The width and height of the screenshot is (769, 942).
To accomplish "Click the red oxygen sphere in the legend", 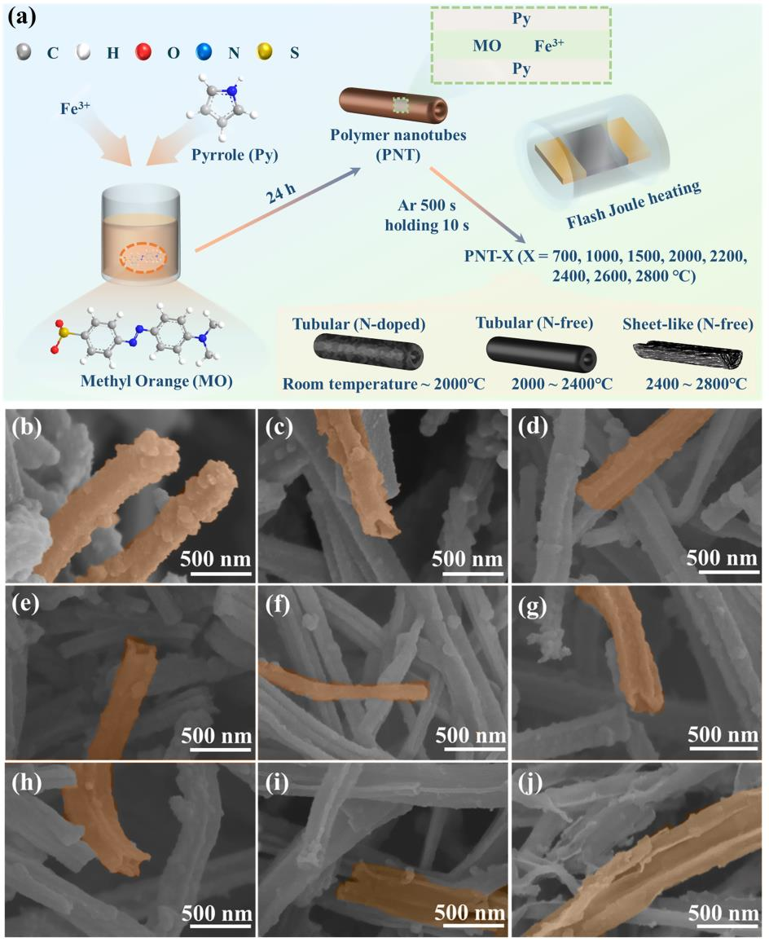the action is click(143, 51).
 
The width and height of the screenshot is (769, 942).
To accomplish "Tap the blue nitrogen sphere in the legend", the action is click(204, 51).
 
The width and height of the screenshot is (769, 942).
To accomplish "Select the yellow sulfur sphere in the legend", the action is click(264, 51).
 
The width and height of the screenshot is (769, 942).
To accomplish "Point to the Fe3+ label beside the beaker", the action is click(75, 108).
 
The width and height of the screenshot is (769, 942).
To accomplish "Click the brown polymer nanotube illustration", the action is click(393, 103).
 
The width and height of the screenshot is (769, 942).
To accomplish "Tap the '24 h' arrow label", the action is click(281, 193).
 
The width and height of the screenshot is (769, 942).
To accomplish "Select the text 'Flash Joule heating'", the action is click(634, 205).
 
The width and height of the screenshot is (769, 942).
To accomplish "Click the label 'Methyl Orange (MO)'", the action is click(156, 381).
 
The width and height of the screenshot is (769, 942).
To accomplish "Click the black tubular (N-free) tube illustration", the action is click(541, 351).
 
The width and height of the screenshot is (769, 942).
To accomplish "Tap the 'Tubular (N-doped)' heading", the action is click(358, 324).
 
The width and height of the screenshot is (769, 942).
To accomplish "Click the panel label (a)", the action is click(22, 17).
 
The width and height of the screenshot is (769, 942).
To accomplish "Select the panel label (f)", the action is click(278, 604).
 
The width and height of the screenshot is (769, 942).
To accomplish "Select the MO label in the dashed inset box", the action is click(486, 46).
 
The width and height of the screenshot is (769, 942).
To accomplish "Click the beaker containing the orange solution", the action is click(141, 235).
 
